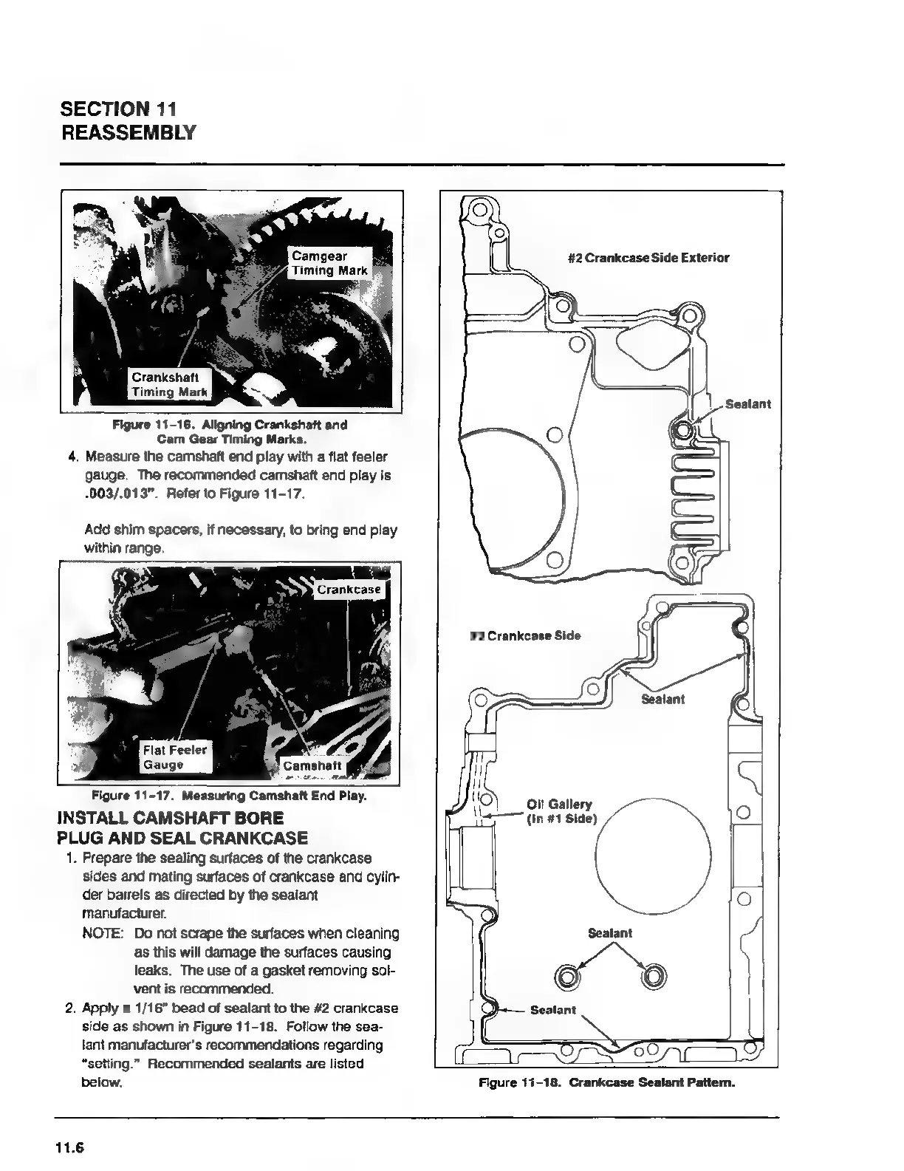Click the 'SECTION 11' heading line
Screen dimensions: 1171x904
pyautogui.click(x=117, y=109)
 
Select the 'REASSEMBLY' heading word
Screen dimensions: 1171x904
pyautogui.click(x=128, y=133)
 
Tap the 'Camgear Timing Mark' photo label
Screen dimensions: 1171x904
pyautogui.click(x=329, y=264)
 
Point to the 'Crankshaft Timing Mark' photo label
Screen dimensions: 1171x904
pyautogui.click(x=170, y=385)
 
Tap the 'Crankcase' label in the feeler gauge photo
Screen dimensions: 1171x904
pyautogui.click(x=349, y=590)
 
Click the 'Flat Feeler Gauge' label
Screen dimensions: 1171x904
pyautogui.click(x=175, y=757)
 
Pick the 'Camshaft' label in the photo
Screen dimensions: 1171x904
pyautogui.click(x=312, y=765)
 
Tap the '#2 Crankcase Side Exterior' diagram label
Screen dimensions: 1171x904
pyautogui.click(x=648, y=258)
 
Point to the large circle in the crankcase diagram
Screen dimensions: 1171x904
pyautogui.click(x=653, y=856)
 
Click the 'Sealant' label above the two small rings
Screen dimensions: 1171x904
pyautogui.click(x=610, y=933)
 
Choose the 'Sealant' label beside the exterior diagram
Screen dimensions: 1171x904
pyautogui.click(x=747, y=404)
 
